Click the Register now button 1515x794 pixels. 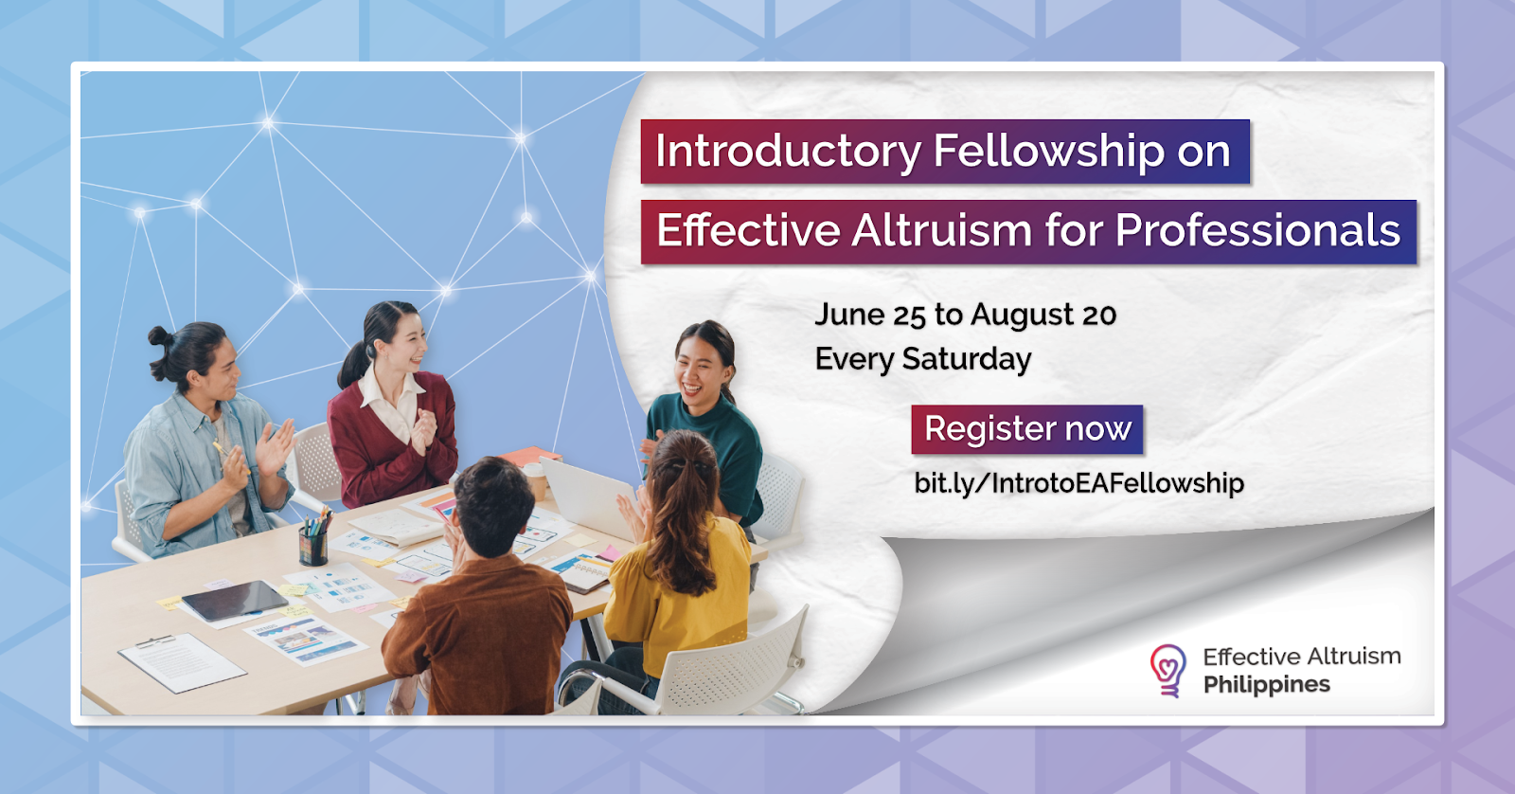pyautogui.click(x=1026, y=429)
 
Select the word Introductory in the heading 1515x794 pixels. pyautogui.click(x=788, y=152)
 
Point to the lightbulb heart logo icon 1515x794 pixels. pyautogui.click(x=1168, y=670)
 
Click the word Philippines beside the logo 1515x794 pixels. pyautogui.click(x=1267, y=685)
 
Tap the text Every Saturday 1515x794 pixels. pyautogui.click(x=922, y=359)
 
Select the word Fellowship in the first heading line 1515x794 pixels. pyautogui.click(x=1049, y=152)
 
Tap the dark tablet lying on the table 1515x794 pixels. pyautogui.click(x=235, y=601)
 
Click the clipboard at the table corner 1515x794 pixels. pyautogui.click(x=182, y=661)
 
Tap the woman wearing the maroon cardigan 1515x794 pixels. pyautogui.click(x=392, y=406)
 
